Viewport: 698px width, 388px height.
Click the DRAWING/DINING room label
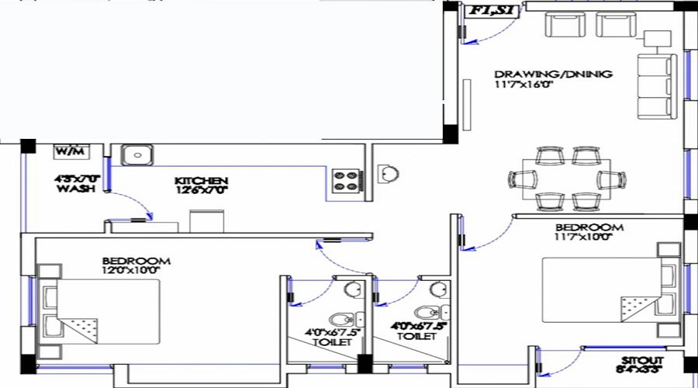tap(554, 74)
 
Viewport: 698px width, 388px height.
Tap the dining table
tap(572, 178)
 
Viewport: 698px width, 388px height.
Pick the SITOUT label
tap(640, 361)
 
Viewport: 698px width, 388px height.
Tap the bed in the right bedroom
tap(603, 290)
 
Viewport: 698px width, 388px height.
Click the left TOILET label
tap(331, 341)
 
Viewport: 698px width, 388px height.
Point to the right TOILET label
tap(411, 337)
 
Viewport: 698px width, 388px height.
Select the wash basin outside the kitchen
tap(387, 172)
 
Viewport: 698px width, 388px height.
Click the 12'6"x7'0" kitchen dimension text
tap(201, 189)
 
